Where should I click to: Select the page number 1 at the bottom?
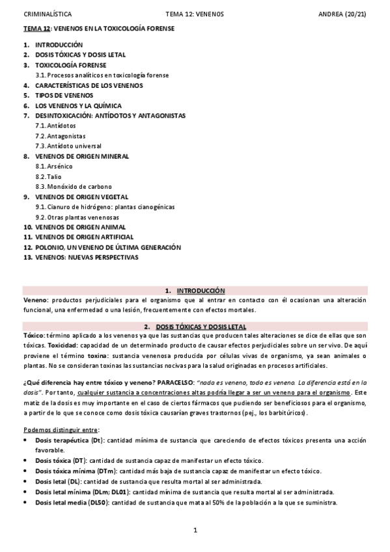click(x=195, y=530)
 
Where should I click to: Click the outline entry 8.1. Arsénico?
click(x=50, y=167)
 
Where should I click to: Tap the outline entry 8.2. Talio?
click(x=47, y=176)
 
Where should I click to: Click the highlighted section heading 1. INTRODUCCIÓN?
click(x=195, y=290)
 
